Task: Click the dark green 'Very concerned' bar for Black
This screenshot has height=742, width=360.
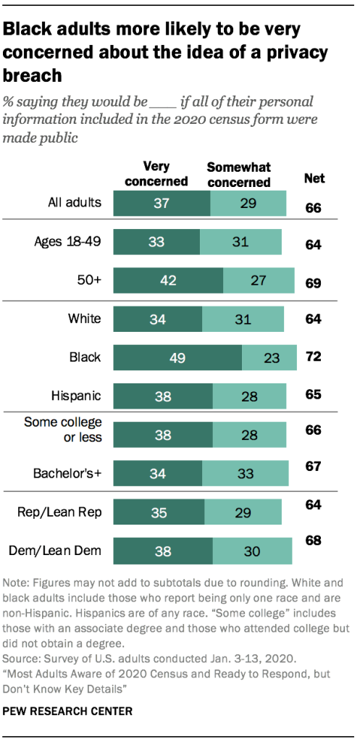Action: (x=177, y=357)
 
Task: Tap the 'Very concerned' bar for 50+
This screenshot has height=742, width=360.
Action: (x=169, y=280)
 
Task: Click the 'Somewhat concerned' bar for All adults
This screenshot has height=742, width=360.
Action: (x=248, y=203)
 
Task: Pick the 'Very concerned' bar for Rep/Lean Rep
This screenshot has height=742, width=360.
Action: (x=158, y=513)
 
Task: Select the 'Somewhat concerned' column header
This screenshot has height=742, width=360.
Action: (x=238, y=175)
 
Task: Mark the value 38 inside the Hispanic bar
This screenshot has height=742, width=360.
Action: (x=162, y=396)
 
